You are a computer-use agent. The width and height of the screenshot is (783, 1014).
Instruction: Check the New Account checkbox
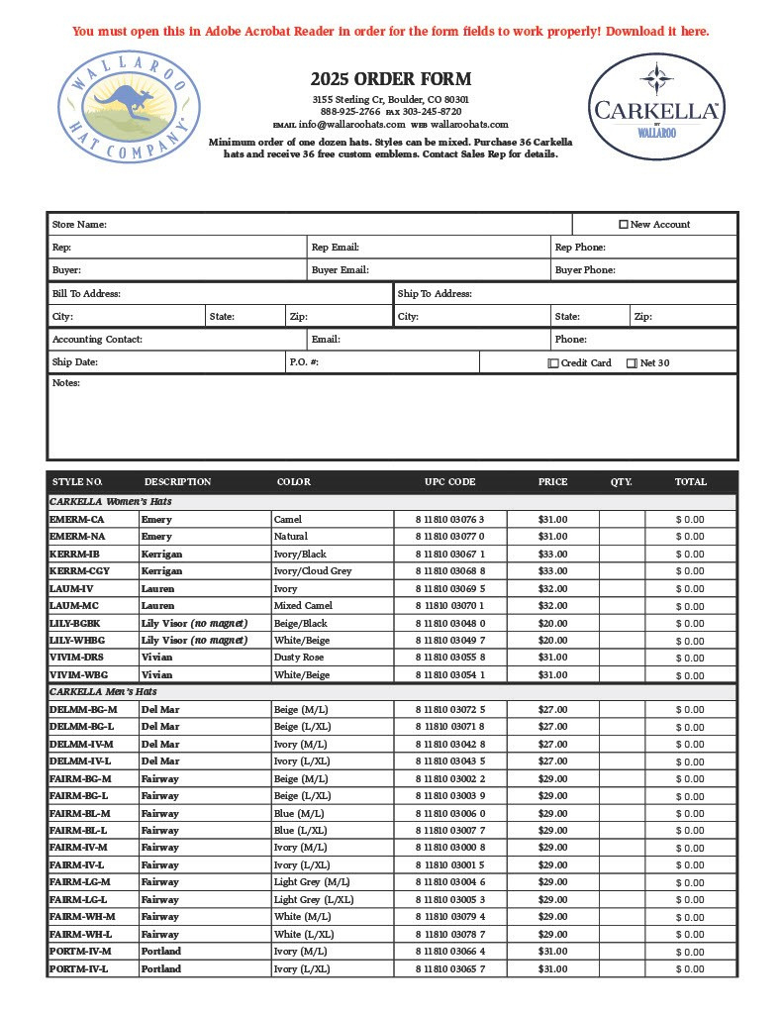click(x=624, y=225)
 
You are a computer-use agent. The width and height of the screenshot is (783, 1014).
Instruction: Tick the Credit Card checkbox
click(x=553, y=363)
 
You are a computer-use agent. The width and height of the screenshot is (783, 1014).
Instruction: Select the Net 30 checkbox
click(x=633, y=363)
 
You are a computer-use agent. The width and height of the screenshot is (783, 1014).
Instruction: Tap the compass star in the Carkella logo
click(x=655, y=78)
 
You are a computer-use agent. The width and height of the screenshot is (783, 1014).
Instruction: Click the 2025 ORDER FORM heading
click(x=390, y=79)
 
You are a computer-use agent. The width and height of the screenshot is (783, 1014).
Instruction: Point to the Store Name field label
click(x=79, y=225)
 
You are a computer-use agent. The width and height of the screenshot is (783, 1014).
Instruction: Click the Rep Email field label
click(x=335, y=248)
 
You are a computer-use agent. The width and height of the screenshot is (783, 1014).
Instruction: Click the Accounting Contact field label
click(x=97, y=340)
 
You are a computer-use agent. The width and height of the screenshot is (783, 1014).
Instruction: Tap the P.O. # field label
click(x=304, y=363)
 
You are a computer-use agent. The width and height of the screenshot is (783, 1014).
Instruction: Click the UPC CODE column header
click(x=449, y=482)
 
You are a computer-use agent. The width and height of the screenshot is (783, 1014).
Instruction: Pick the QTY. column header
click(x=621, y=482)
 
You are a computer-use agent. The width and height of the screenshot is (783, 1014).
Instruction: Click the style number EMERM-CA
click(x=76, y=519)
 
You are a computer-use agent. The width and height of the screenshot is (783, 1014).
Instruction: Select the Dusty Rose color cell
click(x=298, y=658)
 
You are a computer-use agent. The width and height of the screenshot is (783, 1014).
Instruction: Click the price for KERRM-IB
click(x=552, y=554)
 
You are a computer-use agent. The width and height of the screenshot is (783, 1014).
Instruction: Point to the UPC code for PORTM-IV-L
click(x=449, y=968)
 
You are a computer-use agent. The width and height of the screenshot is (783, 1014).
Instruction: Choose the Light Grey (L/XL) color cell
click(x=313, y=899)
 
